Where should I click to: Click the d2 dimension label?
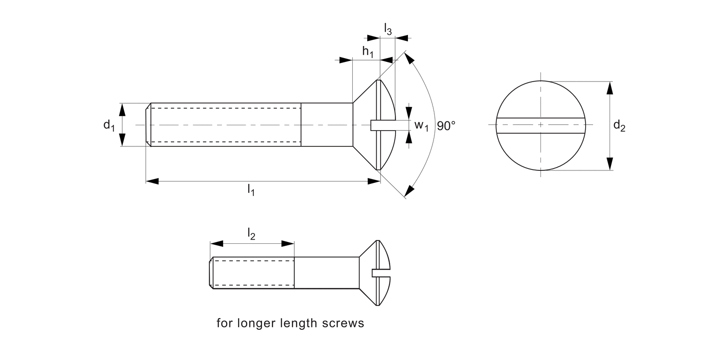click(x=619, y=126)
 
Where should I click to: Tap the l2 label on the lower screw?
click(x=251, y=234)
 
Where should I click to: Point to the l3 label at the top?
click(x=388, y=29)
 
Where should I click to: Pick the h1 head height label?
click(x=368, y=52)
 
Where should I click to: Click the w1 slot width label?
click(x=421, y=126)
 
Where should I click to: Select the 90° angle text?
click(x=446, y=126)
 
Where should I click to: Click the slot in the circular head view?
click(x=541, y=125)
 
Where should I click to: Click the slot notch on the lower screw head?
click(x=378, y=273)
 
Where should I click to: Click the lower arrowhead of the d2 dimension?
click(x=610, y=164)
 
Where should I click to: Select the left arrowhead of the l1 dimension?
click(x=153, y=181)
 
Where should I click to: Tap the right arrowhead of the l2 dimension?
click(x=288, y=243)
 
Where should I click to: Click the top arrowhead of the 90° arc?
click(x=409, y=59)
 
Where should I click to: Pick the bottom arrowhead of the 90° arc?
click(x=409, y=191)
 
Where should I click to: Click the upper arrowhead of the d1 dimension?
click(x=122, y=110)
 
